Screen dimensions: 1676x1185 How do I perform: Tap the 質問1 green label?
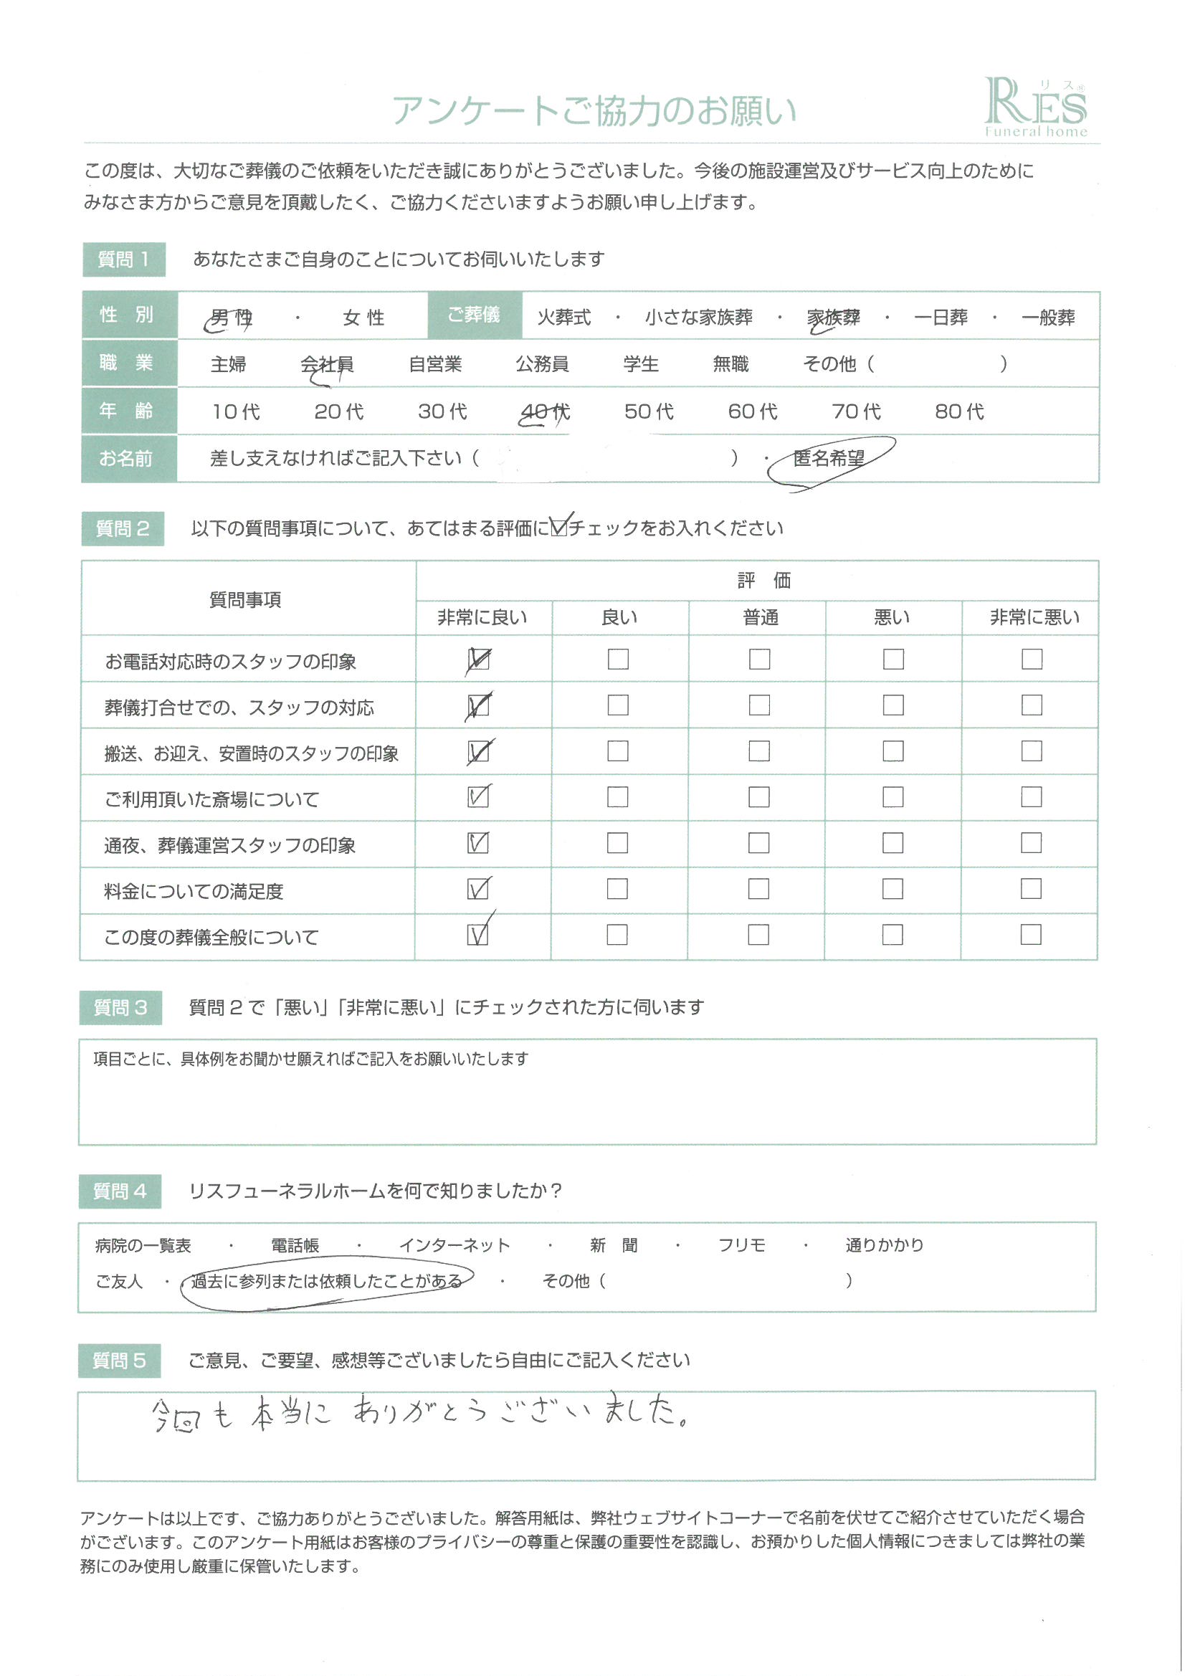click(123, 259)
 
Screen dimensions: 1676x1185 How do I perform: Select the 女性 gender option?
click(363, 318)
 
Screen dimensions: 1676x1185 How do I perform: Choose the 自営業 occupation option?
click(435, 363)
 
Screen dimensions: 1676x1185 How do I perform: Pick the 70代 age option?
click(856, 411)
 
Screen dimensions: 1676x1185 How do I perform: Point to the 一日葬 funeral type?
click(941, 318)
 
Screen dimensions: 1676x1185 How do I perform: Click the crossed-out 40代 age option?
click(545, 412)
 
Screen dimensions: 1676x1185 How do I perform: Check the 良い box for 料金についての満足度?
click(617, 889)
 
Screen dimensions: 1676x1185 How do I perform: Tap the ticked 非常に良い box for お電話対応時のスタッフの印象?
click(478, 660)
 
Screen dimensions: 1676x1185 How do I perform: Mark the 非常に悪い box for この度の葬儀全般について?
click(1030, 935)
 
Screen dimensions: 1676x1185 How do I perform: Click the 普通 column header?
click(760, 617)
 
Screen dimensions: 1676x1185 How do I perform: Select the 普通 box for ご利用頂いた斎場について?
click(758, 797)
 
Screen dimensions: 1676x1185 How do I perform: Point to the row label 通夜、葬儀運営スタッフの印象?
click(230, 845)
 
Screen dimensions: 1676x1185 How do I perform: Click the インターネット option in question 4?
click(454, 1245)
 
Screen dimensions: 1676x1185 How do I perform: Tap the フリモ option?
click(741, 1245)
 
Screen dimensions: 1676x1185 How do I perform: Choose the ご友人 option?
click(119, 1281)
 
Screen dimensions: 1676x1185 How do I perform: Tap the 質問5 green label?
click(119, 1361)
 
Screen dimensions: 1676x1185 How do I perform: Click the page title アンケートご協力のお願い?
click(593, 111)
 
